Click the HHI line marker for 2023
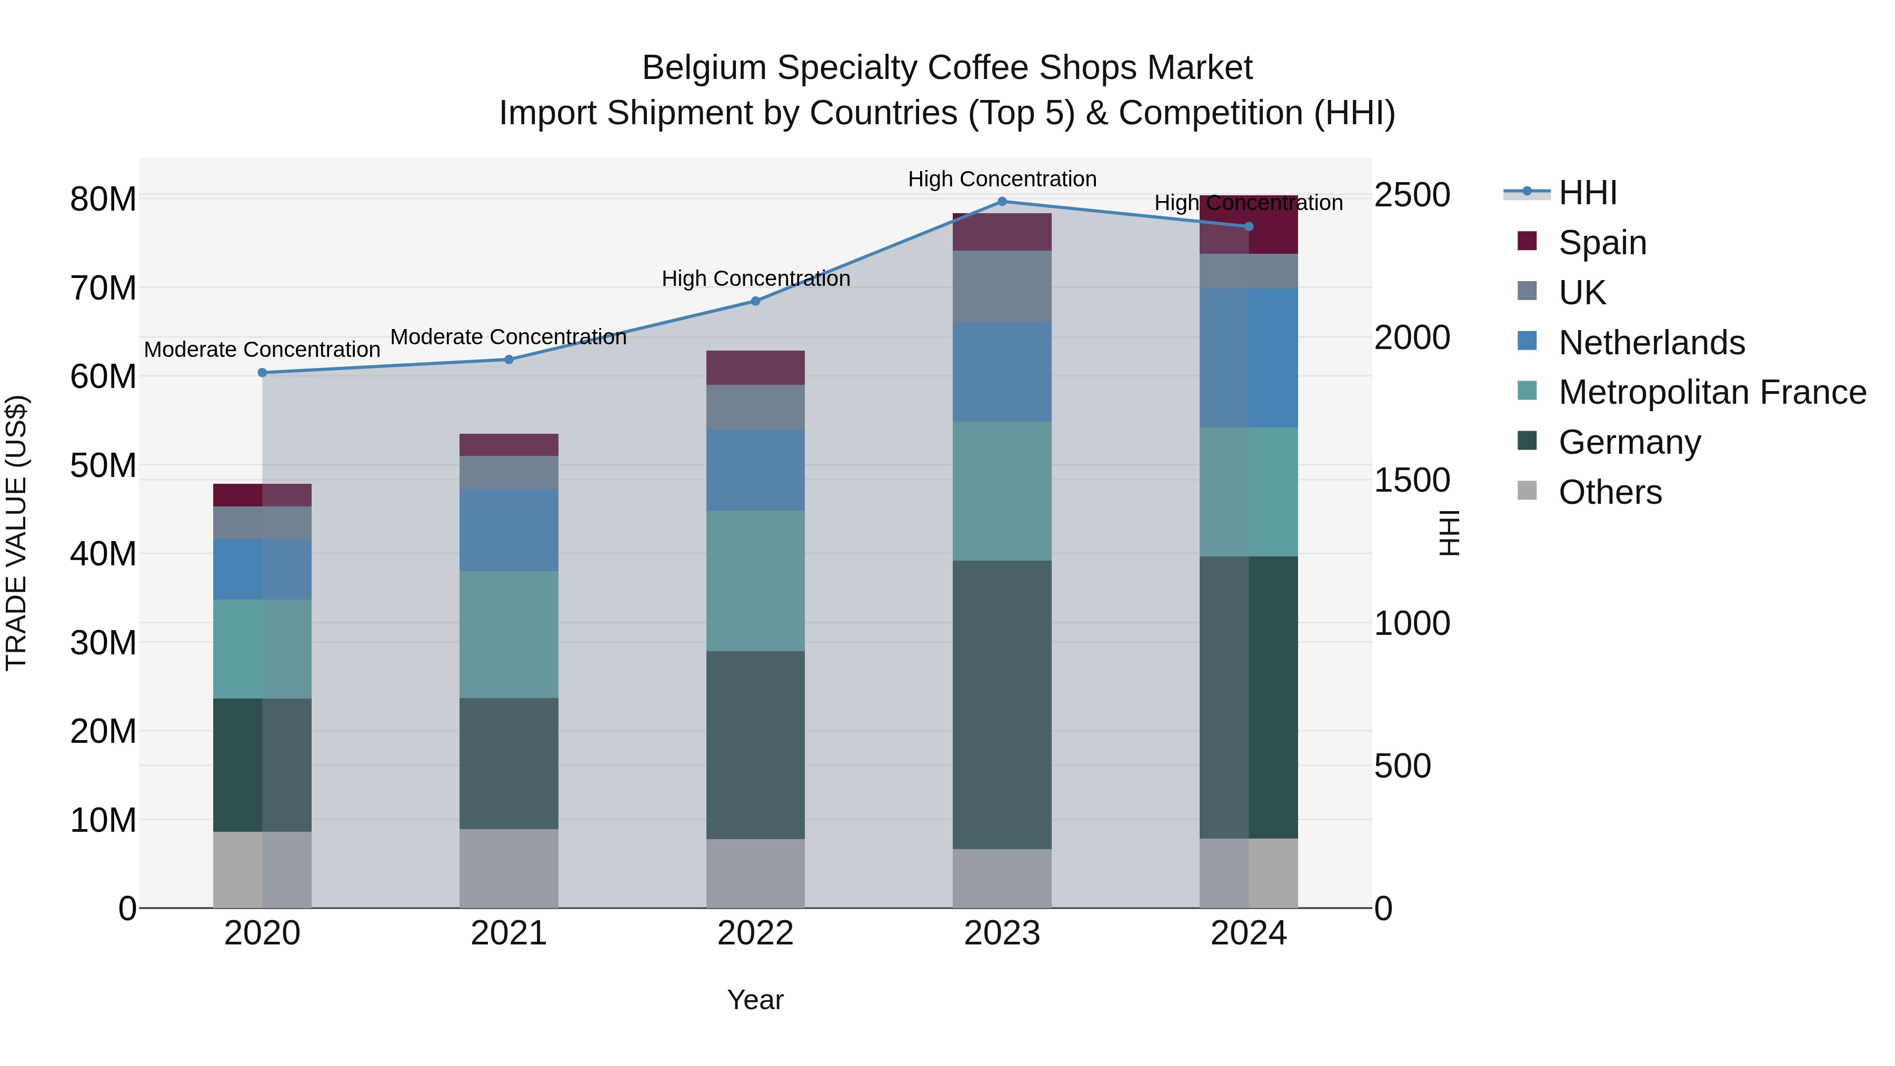coord(1002,202)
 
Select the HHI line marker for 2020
coord(263,373)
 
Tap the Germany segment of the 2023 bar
coord(1002,705)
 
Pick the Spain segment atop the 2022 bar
coord(755,368)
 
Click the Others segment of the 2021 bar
coord(509,868)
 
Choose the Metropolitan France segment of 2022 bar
coord(755,581)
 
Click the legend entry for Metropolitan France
coord(1711,392)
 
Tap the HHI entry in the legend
coord(1588,193)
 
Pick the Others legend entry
coord(1610,492)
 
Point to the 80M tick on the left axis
coord(103,200)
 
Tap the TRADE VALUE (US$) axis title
coord(16,533)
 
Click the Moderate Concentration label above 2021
coord(508,337)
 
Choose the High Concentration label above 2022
coord(755,279)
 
